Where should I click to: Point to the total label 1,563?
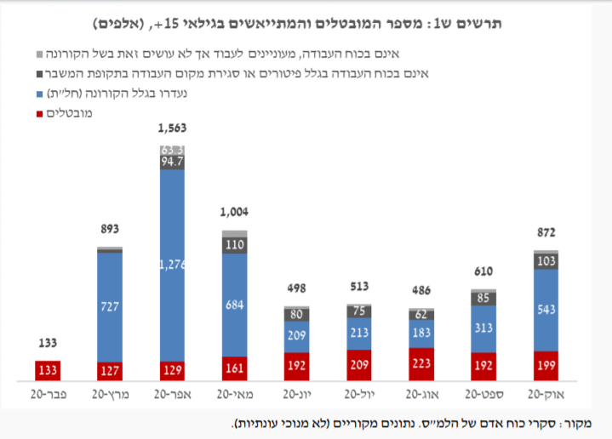tap(173, 128)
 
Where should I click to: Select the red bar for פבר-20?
tap(48, 370)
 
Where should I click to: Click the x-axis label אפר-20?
tap(173, 395)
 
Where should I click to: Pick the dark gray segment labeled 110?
tap(235, 243)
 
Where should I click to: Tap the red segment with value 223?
tap(422, 363)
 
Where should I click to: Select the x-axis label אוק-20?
tap(546, 395)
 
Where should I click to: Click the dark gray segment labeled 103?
tap(546, 260)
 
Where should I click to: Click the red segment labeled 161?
tap(235, 368)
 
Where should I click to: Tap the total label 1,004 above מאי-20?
tap(235, 213)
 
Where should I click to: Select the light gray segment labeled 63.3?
tap(173, 150)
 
